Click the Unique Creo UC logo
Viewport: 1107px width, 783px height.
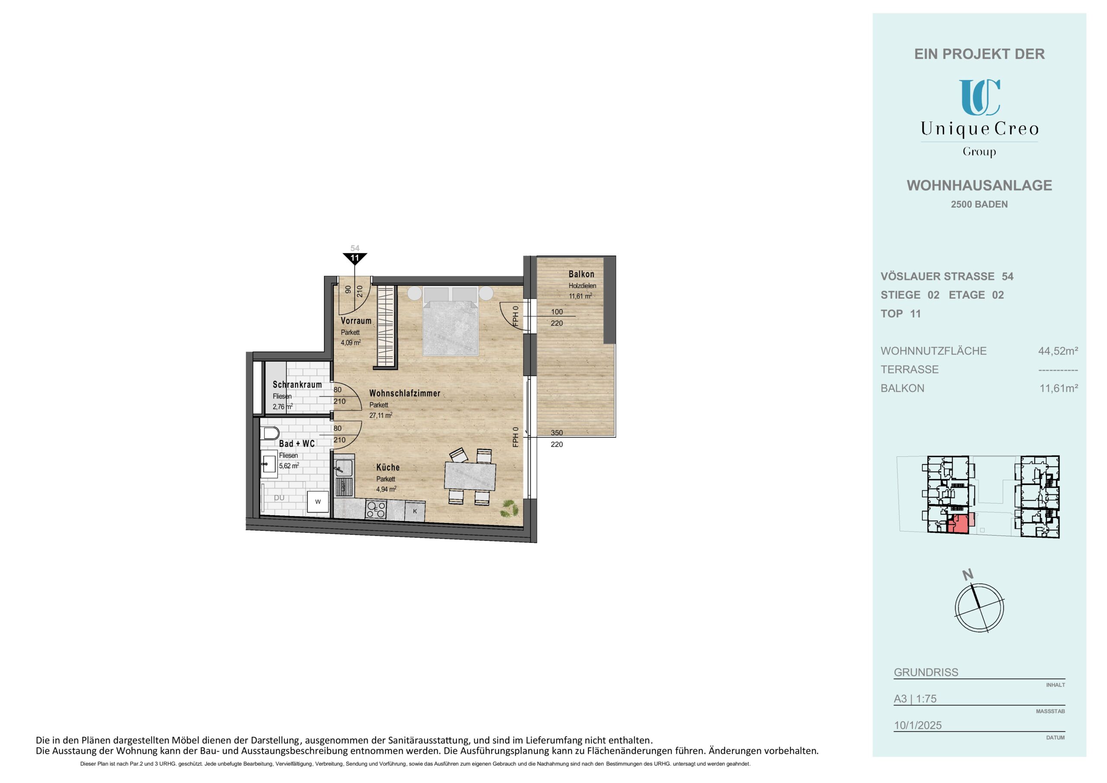pyautogui.click(x=979, y=97)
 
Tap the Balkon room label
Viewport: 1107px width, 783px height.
pyautogui.click(x=581, y=274)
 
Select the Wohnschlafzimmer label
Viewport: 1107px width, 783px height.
pyautogui.click(x=404, y=393)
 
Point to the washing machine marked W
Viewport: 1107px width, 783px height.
pyautogui.click(x=318, y=502)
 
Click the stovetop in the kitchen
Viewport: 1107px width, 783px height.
pyautogui.click(x=376, y=509)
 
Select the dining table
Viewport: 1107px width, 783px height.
pyautogui.click(x=470, y=476)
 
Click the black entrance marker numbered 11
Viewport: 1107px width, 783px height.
pyautogui.click(x=355, y=258)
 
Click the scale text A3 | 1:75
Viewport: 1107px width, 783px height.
pyautogui.click(x=915, y=699)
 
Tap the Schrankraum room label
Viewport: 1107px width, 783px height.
pyautogui.click(x=297, y=385)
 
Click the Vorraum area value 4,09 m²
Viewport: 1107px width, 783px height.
pyautogui.click(x=351, y=343)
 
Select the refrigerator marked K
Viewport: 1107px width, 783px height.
pyautogui.click(x=415, y=511)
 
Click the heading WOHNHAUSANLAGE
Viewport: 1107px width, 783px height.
pyautogui.click(x=979, y=185)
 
